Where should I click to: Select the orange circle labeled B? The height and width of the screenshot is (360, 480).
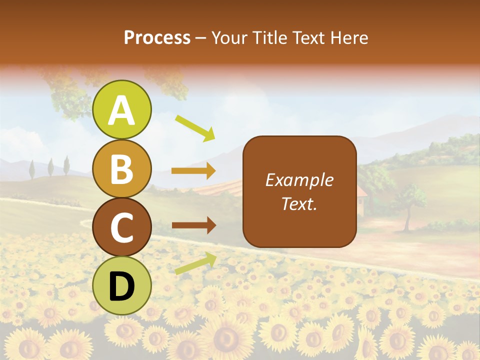pyautogui.click(x=122, y=169)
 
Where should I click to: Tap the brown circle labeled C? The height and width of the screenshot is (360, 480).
pyautogui.click(x=122, y=227)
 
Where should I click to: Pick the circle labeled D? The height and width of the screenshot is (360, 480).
pyautogui.click(x=122, y=285)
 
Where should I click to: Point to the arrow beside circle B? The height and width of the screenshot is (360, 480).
pyautogui.click(x=193, y=171)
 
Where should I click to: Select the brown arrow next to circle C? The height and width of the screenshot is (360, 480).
pyautogui.click(x=193, y=225)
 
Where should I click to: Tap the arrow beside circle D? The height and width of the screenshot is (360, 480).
pyautogui.click(x=195, y=263)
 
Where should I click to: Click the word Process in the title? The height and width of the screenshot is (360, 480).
pyautogui.click(x=157, y=38)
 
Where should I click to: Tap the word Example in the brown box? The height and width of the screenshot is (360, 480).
pyautogui.click(x=299, y=180)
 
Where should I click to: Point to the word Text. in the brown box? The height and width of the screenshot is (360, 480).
pyautogui.click(x=299, y=204)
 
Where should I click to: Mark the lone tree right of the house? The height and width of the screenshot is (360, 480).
pyautogui.click(x=407, y=205)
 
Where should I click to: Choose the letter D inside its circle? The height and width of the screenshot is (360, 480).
pyautogui.click(x=122, y=286)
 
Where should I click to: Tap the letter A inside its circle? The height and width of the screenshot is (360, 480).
pyautogui.click(x=122, y=110)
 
